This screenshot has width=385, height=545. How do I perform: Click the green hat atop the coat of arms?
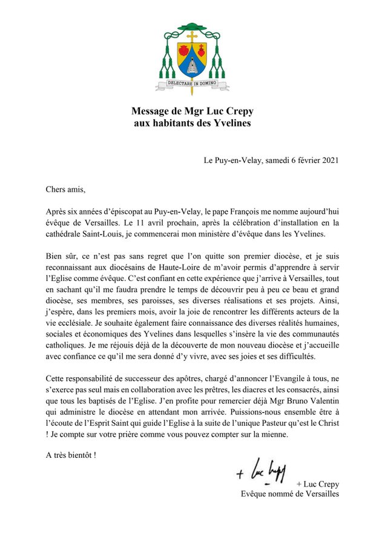[192, 28]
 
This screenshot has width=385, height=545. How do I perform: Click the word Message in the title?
[151, 111]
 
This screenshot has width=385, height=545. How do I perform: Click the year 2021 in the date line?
[329, 160]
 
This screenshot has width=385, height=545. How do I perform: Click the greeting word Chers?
[58, 190]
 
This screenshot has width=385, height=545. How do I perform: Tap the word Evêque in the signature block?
[254, 494]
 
